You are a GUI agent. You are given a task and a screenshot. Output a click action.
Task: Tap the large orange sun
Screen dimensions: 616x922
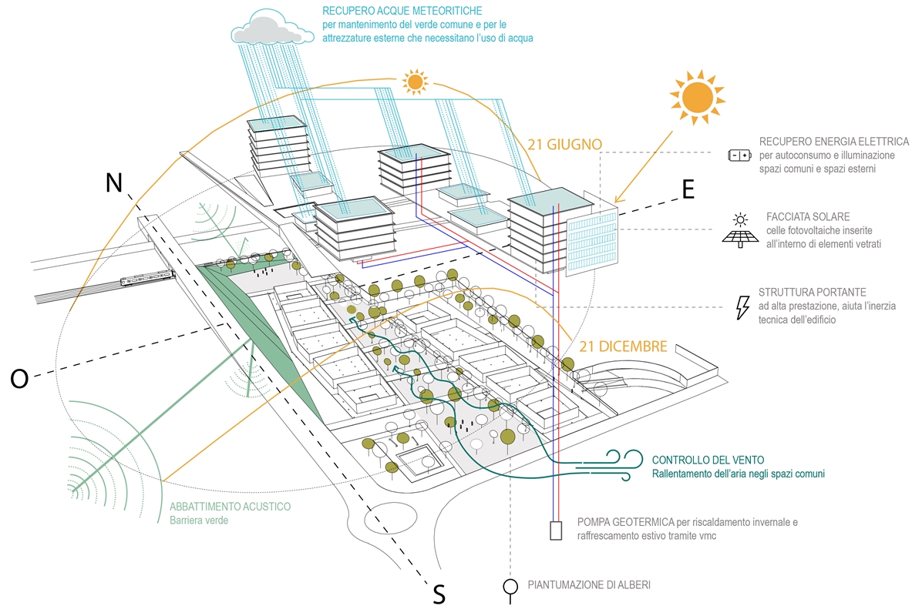[x=697, y=97]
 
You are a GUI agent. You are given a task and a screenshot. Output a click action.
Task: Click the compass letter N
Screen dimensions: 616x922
[x=113, y=182]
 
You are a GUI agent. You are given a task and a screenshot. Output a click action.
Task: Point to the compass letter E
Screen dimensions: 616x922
[x=688, y=189]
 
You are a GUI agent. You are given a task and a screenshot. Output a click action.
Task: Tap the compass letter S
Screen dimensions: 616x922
[x=439, y=594]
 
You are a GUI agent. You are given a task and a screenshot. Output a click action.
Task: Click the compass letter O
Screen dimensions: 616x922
[x=19, y=379]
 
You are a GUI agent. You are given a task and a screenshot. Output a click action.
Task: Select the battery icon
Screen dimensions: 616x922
[x=739, y=156]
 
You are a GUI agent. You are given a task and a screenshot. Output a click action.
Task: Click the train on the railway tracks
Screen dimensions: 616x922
[x=145, y=279]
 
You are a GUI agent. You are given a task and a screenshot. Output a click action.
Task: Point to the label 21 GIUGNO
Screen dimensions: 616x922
[x=565, y=144]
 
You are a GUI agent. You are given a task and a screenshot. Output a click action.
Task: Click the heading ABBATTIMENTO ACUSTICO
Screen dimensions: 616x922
[x=230, y=507]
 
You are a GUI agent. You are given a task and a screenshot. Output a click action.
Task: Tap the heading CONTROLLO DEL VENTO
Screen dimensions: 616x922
[x=708, y=460]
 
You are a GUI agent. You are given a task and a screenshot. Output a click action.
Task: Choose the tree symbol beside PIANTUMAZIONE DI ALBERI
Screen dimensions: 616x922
[x=510, y=587]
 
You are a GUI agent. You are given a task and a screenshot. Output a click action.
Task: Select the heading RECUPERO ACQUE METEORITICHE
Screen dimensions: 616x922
[x=403, y=12]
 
